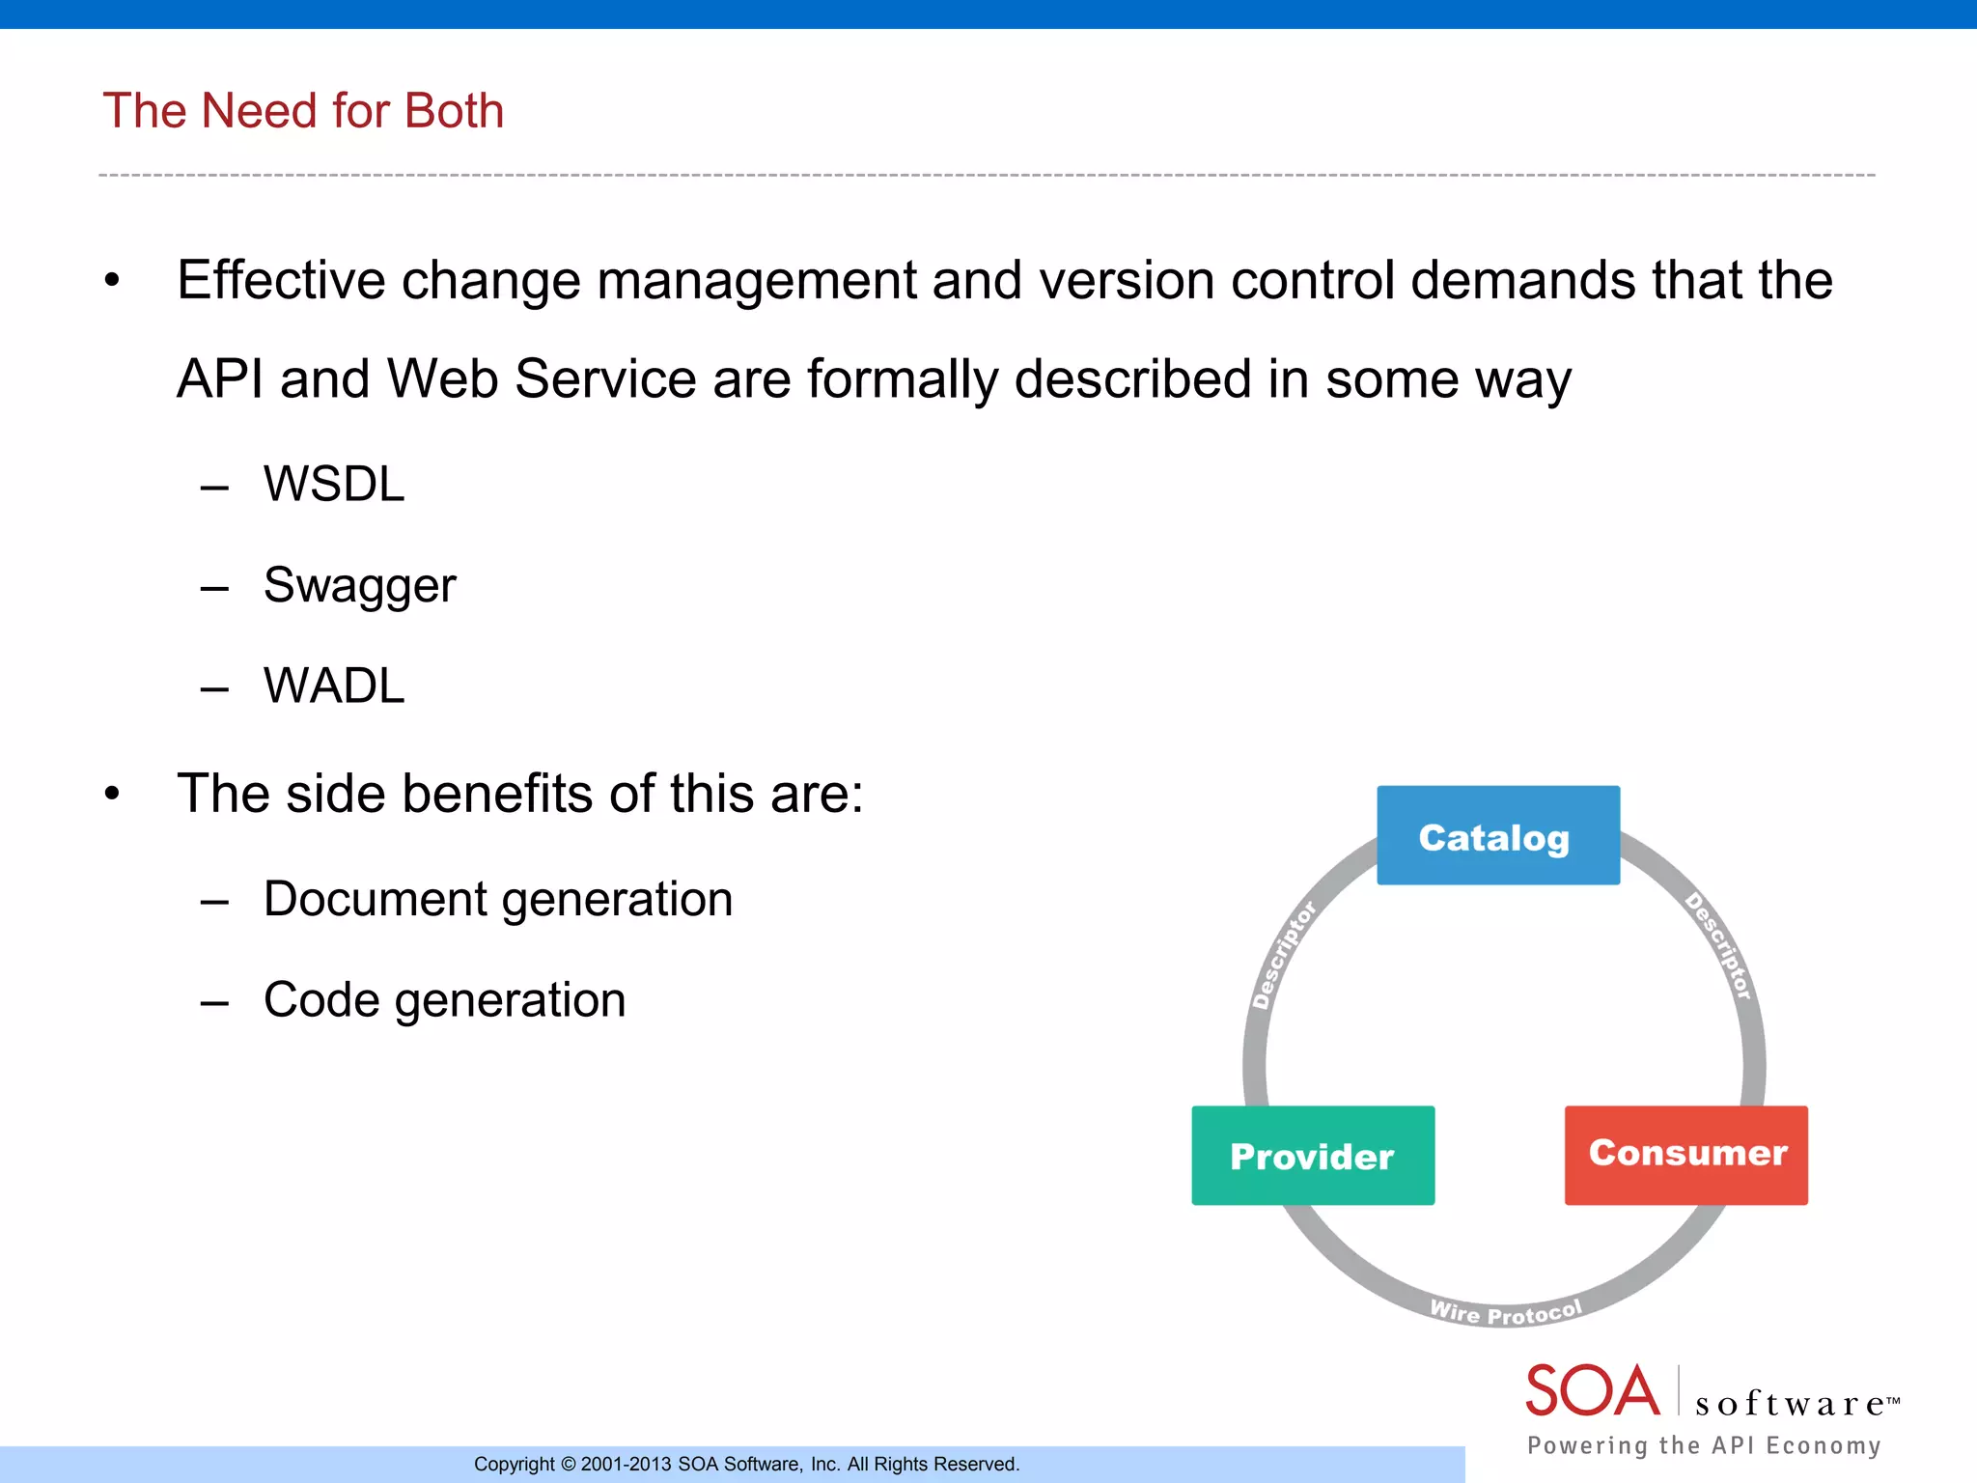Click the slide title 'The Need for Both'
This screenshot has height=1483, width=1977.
tap(303, 111)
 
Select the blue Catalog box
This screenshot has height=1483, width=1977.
tap(1497, 835)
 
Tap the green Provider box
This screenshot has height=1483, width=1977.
tap(1312, 1156)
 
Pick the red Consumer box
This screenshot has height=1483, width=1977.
tap(1685, 1154)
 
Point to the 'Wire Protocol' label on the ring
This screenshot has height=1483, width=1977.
tap(1505, 1312)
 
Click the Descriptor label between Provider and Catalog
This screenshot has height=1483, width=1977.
tap(1283, 955)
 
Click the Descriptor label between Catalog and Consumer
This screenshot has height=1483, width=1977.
tap(1719, 946)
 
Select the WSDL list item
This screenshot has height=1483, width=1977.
tap(334, 484)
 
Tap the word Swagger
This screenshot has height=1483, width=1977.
tap(359, 585)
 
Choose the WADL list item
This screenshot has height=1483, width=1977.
tap(334, 686)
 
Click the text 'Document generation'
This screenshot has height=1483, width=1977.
tap(498, 899)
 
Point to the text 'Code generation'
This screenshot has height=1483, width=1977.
tap(444, 1000)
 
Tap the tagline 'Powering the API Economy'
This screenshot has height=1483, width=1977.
tap(1704, 1445)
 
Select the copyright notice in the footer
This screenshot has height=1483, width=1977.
tap(746, 1464)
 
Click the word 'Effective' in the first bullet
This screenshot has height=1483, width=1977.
tap(281, 281)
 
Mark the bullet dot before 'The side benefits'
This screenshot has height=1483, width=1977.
tap(113, 794)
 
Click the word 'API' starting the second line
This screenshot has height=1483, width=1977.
tap(220, 379)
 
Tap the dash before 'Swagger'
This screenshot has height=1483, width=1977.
tap(214, 587)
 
